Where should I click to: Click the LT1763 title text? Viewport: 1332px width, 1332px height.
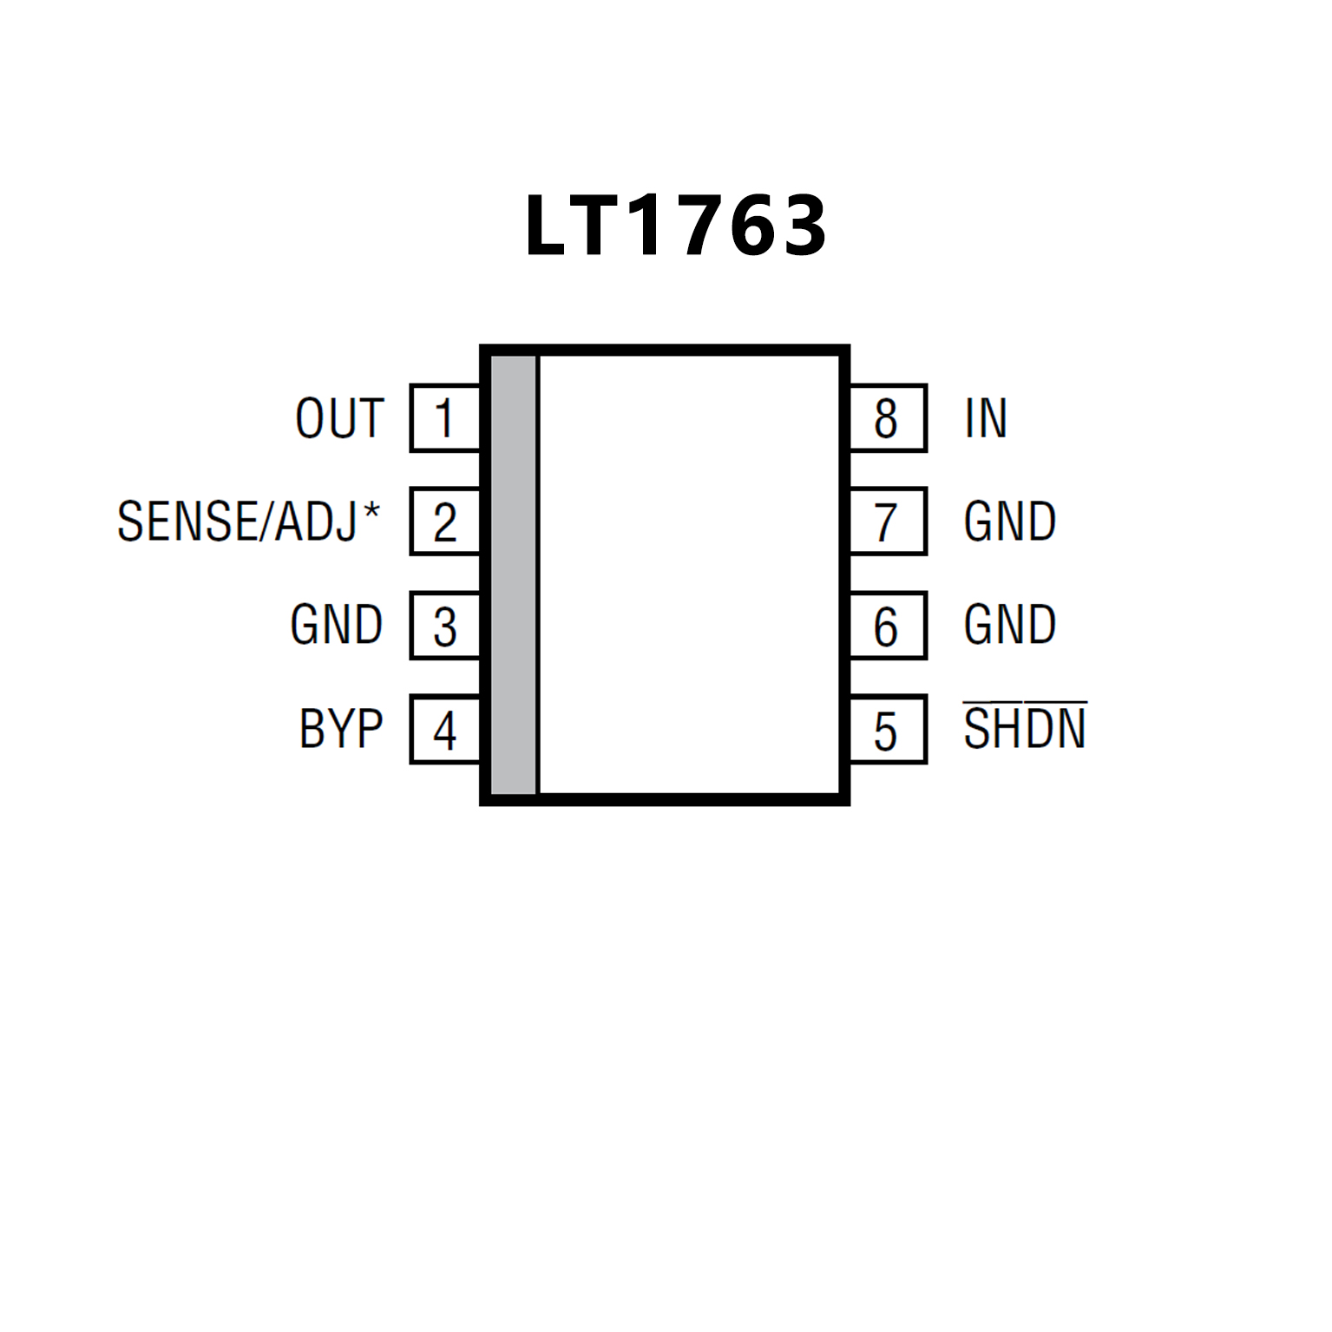(675, 226)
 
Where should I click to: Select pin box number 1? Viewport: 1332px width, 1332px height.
(444, 418)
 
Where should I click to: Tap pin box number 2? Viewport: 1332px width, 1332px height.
(444, 522)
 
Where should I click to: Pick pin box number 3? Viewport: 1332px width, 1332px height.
(444, 626)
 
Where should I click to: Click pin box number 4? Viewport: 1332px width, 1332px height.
(444, 730)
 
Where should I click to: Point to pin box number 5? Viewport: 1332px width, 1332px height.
(887, 730)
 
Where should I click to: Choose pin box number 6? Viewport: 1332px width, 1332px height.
(887, 626)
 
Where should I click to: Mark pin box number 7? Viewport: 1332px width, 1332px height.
(887, 522)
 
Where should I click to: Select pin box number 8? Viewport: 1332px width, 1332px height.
(887, 418)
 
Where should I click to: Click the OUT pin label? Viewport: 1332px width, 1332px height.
(339, 418)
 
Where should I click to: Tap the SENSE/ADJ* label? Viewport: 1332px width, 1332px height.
(248, 522)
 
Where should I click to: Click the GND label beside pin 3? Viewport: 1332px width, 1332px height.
(337, 625)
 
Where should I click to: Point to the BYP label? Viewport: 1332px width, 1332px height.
(341, 729)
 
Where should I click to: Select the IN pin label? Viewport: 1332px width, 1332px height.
(986, 418)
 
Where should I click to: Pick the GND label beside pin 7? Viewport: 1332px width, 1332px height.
(1009, 522)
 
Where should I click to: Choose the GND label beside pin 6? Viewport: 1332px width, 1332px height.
(1009, 625)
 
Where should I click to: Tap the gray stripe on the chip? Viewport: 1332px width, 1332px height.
(514, 574)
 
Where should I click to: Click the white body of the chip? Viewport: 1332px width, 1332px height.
(690, 574)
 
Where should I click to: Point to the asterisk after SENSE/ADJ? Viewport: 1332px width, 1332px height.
(371, 509)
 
